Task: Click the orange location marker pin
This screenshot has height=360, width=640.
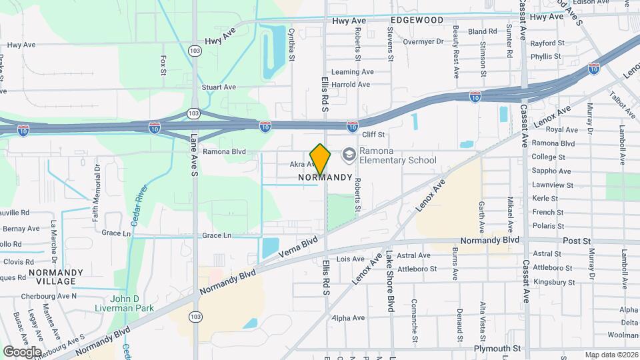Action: (x=321, y=159)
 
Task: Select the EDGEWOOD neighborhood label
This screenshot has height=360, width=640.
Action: (x=418, y=20)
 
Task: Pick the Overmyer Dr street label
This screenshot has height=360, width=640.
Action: (x=423, y=41)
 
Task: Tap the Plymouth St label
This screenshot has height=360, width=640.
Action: (x=497, y=349)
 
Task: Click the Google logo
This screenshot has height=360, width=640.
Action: (x=22, y=351)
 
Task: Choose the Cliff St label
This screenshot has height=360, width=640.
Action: (x=373, y=135)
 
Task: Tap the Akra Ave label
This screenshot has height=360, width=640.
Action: (x=302, y=163)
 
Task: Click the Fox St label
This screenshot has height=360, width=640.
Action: (x=163, y=65)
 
